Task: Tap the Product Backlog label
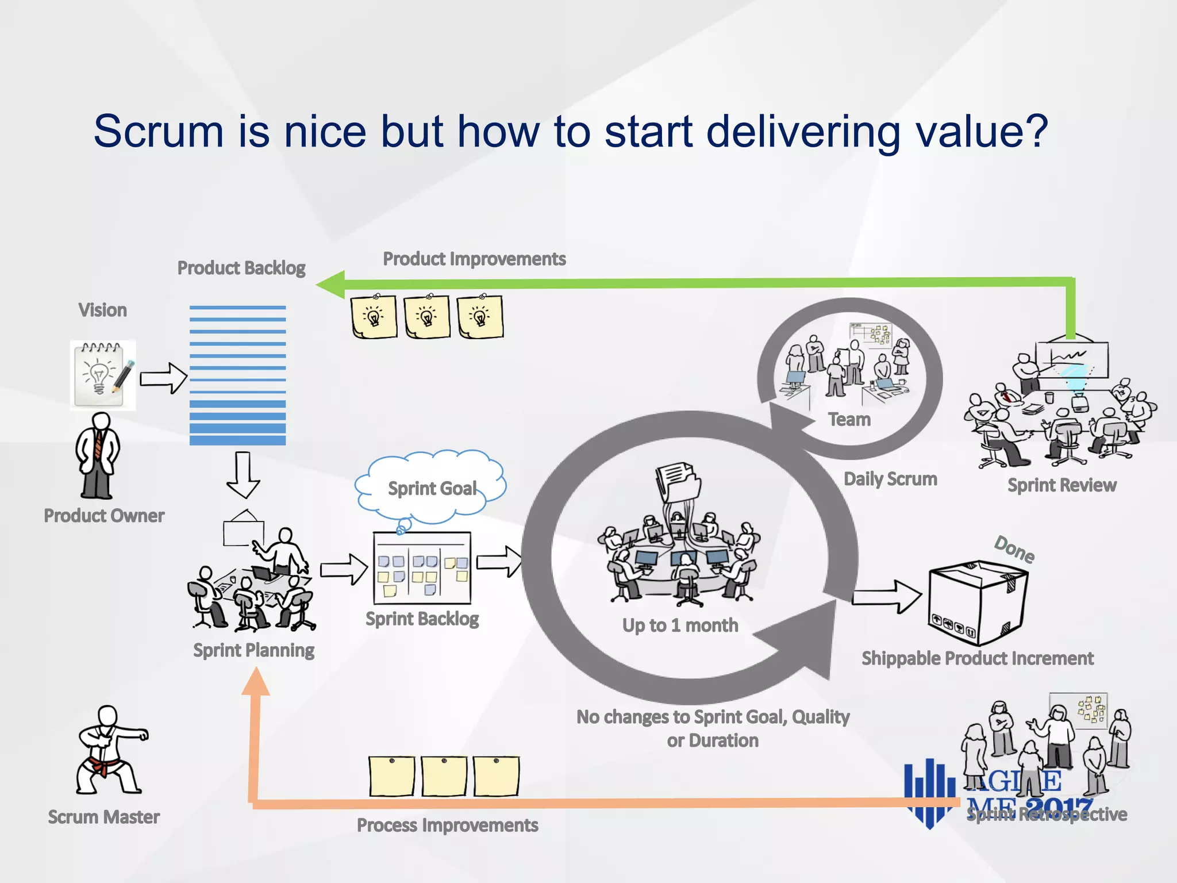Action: (x=241, y=268)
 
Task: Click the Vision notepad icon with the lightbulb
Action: (x=103, y=375)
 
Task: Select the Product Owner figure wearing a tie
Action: (x=98, y=456)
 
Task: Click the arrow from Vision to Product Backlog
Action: (x=164, y=378)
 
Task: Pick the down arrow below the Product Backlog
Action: (x=243, y=475)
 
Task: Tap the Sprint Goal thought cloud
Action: (x=431, y=487)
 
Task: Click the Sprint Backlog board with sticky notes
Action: (x=422, y=568)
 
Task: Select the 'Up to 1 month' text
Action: (x=680, y=625)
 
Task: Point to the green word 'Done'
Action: (x=1014, y=550)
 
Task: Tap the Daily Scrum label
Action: (x=890, y=479)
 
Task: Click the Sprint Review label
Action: (x=1062, y=485)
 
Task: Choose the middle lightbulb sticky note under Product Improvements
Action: (x=427, y=317)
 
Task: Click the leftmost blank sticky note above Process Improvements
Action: (x=391, y=777)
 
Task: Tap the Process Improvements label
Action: (x=447, y=826)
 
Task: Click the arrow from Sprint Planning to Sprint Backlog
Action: (x=344, y=569)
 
